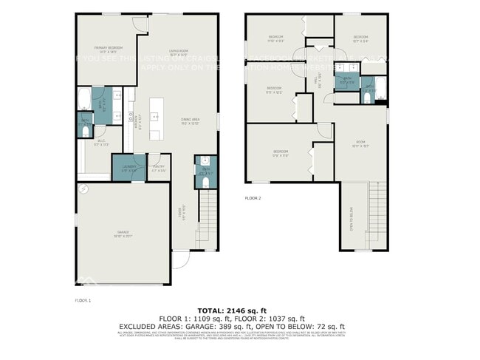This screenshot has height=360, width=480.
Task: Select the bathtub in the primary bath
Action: coord(83,98)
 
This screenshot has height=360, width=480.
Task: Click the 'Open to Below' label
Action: coord(352,219)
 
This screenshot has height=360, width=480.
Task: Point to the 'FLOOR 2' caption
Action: coord(253,198)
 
